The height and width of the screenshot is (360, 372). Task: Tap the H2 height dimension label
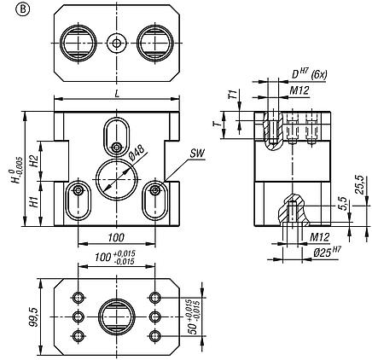pyautogui.click(x=32, y=159)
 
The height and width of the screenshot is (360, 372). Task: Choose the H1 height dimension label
pyautogui.click(x=32, y=204)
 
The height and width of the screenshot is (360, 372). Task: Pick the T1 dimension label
pyautogui.click(x=231, y=96)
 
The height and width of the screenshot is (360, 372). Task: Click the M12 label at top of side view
pyautogui.click(x=299, y=90)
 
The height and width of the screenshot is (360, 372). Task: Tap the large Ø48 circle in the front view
pyautogui.click(x=116, y=177)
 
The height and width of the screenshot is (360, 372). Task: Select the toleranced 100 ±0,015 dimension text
pyautogui.click(x=116, y=257)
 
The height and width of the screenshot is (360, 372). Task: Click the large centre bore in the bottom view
pyautogui.click(x=117, y=317)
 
